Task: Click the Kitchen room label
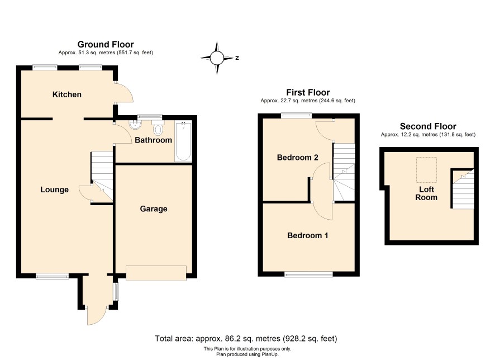pyautogui.click(x=67, y=94)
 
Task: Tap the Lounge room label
pyautogui.click(x=54, y=190)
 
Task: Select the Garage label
pyautogui.click(x=154, y=209)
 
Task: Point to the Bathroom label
pyautogui.click(x=154, y=140)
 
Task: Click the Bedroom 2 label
pyautogui.click(x=297, y=157)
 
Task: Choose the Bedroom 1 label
pyautogui.click(x=307, y=235)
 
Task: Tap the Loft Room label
pyautogui.click(x=426, y=193)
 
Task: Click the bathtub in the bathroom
pyautogui.click(x=183, y=141)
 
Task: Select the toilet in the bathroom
pyautogui.click(x=158, y=127)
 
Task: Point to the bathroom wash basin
pyautogui.click(x=135, y=125)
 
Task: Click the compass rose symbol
pyautogui.click(x=217, y=58)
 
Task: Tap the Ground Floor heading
pyautogui.click(x=106, y=44)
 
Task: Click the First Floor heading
pyautogui.click(x=308, y=92)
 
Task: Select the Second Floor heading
pyautogui.click(x=428, y=126)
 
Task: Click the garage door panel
pyautogui.click(x=156, y=273)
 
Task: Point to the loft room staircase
pyautogui.click(x=463, y=190)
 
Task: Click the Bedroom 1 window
pyautogui.click(x=308, y=274)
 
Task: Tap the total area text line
pyautogui.click(x=246, y=339)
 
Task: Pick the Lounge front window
pyautogui.click(x=52, y=276)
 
